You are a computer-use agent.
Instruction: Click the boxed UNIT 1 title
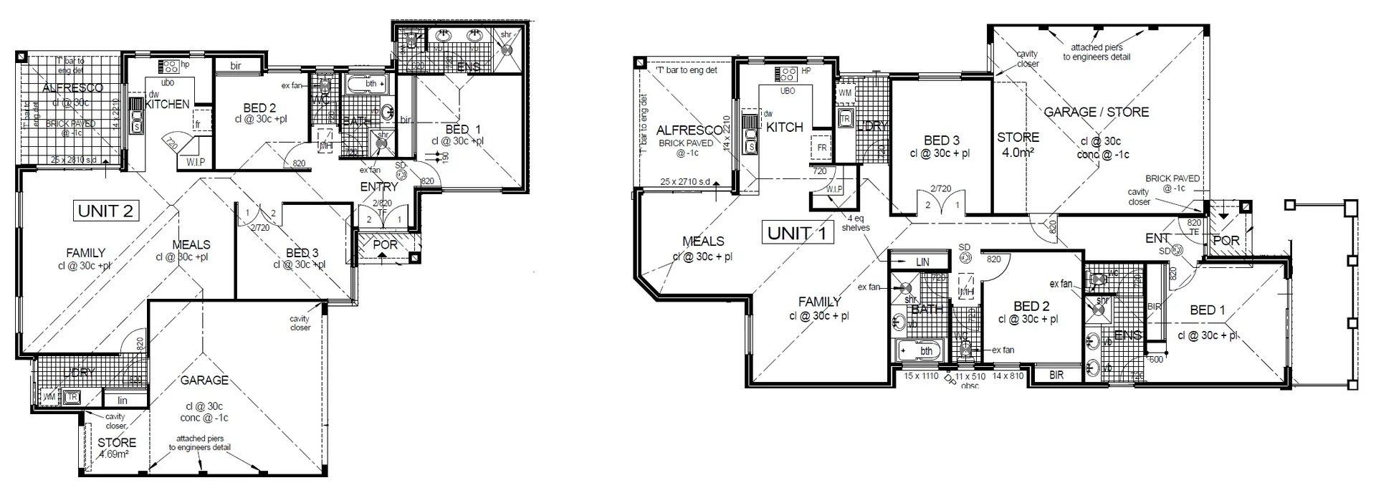[x=797, y=233]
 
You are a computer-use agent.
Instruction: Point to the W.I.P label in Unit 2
[x=196, y=163]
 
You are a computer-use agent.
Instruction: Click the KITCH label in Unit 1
[x=785, y=127]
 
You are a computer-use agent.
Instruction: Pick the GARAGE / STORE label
[x=1096, y=112]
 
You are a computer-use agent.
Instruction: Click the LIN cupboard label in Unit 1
[x=922, y=262]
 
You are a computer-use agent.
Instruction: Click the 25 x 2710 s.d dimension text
[x=685, y=183]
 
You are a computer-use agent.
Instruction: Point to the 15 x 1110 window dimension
[x=921, y=375]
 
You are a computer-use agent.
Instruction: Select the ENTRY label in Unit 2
[x=379, y=186]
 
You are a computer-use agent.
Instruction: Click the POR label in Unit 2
[x=386, y=244]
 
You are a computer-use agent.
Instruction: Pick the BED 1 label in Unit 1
[x=1208, y=310]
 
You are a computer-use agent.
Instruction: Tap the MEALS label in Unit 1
[x=703, y=241]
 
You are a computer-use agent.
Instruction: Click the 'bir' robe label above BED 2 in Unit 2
[x=236, y=66]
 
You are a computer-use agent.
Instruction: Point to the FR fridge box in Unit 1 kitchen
[x=821, y=148]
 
